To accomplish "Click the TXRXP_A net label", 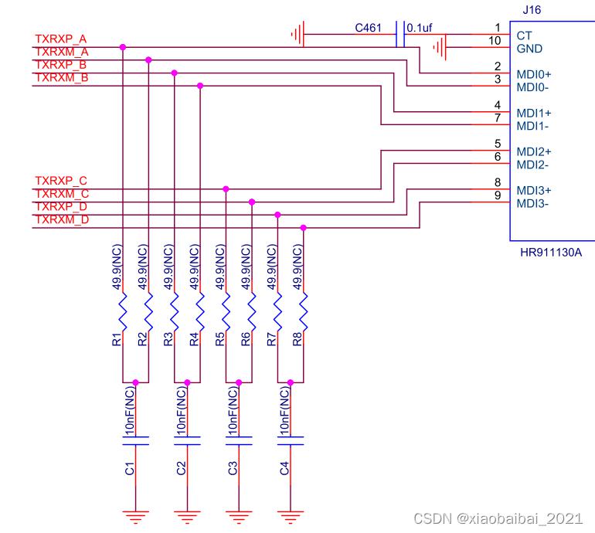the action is tap(61, 39).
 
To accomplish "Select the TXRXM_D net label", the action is tap(62, 219).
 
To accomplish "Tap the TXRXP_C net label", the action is tap(61, 181).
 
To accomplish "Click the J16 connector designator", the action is tap(532, 10).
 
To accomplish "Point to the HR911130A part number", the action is tap(551, 253).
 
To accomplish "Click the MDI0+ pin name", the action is tap(533, 74).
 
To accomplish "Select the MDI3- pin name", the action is tap(532, 204).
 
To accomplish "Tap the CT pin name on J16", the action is tap(524, 36).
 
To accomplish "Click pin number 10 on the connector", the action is tap(495, 41).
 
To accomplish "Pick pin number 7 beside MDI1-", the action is tap(498, 118).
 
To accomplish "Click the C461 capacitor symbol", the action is tap(400, 34).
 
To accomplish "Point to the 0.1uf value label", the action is tap(420, 28).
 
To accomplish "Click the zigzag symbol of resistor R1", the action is tap(123, 311).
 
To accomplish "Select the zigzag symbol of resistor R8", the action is tap(303, 311).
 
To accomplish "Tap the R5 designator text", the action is tap(219, 339).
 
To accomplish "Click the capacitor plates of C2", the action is tap(187, 441).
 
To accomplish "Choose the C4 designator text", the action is tap(284, 469).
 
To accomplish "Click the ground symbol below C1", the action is tap(135, 517).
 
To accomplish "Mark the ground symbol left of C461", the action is tap(297, 34).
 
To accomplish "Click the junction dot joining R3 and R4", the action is tap(187, 382).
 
